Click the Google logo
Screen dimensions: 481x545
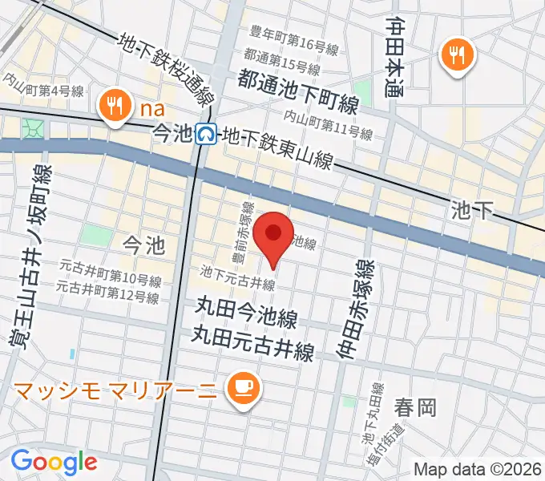pyautogui.click(x=54, y=461)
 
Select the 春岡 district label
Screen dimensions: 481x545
pyautogui.click(x=415, y=408)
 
